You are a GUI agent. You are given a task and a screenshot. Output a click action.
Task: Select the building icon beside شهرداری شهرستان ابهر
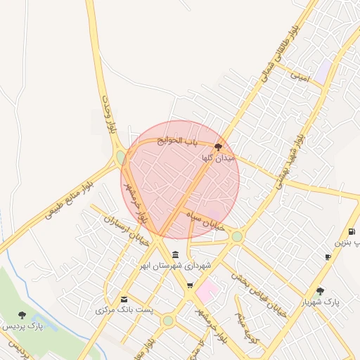coord(175,254)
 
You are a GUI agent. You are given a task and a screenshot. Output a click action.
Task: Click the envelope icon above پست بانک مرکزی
coord(125,299)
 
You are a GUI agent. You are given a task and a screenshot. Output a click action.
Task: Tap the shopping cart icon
coord(190,285)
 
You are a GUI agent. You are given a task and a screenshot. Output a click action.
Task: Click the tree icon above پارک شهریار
coord(321,290)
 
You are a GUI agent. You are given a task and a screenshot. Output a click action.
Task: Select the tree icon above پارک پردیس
coord(22,315)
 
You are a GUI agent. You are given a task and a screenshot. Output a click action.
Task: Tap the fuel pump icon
coord(351,232)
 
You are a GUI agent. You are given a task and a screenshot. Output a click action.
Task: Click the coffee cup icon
coord(328,257)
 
